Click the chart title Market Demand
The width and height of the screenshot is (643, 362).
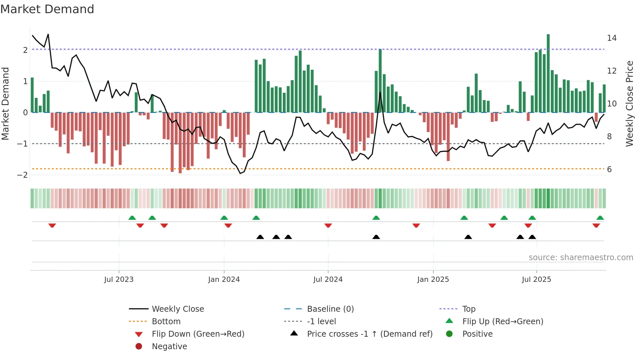(47, 9)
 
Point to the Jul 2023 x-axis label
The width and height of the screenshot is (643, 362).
(119, 280)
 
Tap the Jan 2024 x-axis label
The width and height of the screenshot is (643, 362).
(224, 280)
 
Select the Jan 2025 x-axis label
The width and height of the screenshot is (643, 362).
(433, 280)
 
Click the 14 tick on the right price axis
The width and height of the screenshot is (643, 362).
(612, 38)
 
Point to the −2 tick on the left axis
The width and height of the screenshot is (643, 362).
(22, 175)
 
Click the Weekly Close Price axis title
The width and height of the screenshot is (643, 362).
(629, 103)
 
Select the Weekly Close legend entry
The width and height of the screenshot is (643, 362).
(177, 309)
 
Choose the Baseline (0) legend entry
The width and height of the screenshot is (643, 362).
(330, 309)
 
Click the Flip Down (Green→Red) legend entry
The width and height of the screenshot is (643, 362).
(198, 334)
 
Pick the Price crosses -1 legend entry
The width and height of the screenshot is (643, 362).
(369, 334)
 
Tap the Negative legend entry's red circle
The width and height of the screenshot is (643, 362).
(139, 346)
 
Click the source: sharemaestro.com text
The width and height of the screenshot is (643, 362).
(581, 257)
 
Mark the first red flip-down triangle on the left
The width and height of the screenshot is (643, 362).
(52, 225)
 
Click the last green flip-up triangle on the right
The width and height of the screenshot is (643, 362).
(600, 218)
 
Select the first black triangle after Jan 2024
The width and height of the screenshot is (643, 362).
(260, 237)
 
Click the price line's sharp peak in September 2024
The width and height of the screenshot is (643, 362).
(380, 92)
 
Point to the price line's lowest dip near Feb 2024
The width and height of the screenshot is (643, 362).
(240, 173)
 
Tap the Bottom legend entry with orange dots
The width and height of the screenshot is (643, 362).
(166, 321)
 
